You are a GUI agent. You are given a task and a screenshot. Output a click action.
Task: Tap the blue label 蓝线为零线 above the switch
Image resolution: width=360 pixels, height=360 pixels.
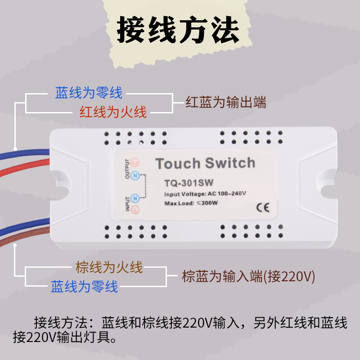pyautogui.click(x=89, y=93)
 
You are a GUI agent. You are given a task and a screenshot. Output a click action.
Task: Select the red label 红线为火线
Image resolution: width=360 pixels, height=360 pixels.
pyautogui.click(x=113, y=112)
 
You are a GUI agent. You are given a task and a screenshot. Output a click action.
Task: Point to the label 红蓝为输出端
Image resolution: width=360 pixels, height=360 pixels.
pyautogui.click(x=226, y=103)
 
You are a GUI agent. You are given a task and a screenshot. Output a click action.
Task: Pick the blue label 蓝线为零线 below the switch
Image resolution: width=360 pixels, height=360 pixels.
pyautogui.click(x=84, y=286)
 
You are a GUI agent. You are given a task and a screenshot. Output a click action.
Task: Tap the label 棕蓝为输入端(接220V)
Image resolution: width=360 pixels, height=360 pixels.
pyautogui.click(x=248, y=276)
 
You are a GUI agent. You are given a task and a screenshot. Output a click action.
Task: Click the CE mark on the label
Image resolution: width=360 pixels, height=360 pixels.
pyautogui.click(x=262, y=207)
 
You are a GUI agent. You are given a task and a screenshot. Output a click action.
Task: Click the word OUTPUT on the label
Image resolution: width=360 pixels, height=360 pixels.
pyautogui.click(x=127, y=171)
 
